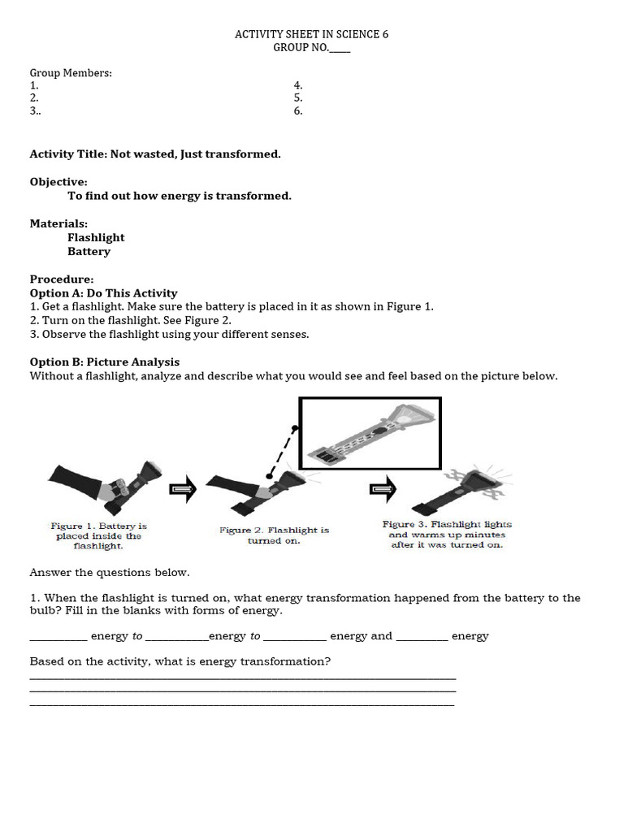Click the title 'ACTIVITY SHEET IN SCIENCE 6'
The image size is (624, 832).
tap(305, 34)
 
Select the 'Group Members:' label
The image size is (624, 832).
tap(71, 72)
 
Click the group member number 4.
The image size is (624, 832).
tap(297, 84)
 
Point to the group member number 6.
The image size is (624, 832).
tap(297, 110)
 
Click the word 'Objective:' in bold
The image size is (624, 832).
tap(58, 182)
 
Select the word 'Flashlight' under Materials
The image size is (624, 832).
tap(96, 237)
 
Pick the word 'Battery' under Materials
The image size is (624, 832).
tap(89, 251)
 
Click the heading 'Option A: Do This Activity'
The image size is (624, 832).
tap(103, 292)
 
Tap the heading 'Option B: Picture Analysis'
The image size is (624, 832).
tap(105, 362)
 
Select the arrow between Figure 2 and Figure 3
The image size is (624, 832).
tap(382, 488)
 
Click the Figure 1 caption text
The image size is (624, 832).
tap(98, 536)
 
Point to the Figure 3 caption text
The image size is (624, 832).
tap(447, 535)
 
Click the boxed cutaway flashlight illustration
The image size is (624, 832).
tap(370, 434)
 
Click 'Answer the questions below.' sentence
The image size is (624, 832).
tap(110, 572)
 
